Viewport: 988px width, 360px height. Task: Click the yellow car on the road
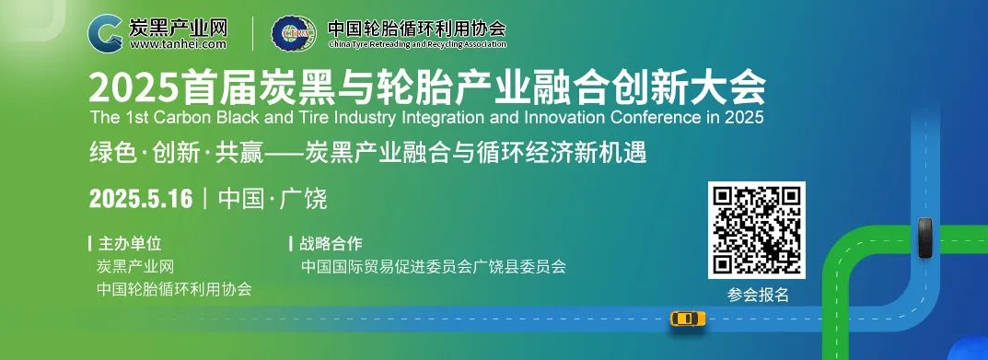click(688, 319)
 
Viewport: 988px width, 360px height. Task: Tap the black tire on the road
click(924, 238)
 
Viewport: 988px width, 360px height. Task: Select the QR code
click(756, 230)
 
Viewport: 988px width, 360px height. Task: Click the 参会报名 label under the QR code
click(758, 295)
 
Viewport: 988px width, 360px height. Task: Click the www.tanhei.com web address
click(178, 44)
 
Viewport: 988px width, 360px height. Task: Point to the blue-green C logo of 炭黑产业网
click(105, 33)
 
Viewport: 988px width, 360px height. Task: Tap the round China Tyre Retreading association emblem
click(294, 33)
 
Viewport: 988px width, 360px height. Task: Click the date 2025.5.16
click(141, 199)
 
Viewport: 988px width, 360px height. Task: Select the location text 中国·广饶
click(273, 199)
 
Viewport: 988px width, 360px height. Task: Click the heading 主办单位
click(130, 243)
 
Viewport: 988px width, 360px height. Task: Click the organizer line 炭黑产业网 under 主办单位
click(135, 266)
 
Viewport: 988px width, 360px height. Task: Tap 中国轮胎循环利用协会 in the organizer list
click(175, 289)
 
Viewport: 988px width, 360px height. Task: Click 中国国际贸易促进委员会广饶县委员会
click(434, 266)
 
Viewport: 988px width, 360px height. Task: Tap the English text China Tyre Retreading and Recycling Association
click(417, 45)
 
